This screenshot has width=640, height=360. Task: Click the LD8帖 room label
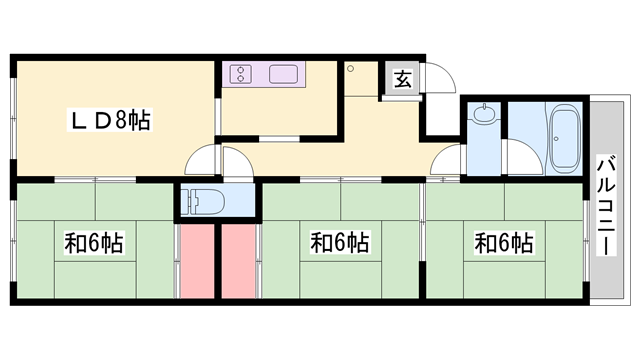pos(110,123)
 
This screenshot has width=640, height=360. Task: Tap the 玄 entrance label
pos(399,80)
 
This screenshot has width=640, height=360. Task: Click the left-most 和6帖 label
pos(94,242)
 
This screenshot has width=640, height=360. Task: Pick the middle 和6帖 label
pos(340,242)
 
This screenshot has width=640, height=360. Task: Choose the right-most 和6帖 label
pos(503,242)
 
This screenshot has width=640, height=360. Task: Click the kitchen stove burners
pos(242,74)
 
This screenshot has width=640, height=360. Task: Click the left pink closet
pos(197,262)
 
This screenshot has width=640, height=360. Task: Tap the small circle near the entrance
pos(350,68)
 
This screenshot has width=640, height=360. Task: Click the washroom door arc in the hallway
pos(446,160)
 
